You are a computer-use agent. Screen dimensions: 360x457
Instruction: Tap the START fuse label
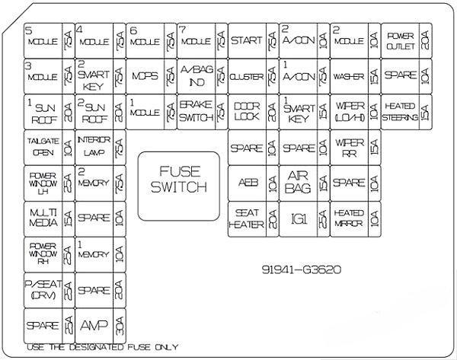pyautogui.click(x=246, y=40)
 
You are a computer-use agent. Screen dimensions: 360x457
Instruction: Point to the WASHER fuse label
pyautogui.click(x=348, y=77)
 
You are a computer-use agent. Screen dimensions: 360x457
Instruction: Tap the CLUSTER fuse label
pyautogui.click(x=246, y=77)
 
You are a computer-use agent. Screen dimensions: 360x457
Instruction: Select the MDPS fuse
pyautogui.click(x=144, y=77)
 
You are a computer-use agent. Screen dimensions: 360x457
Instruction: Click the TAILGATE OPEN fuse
pyautogui.click(x=42, y=147)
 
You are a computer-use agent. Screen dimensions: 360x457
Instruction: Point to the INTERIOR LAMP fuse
pyautogui.click(x=93, y=147)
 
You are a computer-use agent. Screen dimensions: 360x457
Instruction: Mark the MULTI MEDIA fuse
pyautogui.click(x=42, y=217)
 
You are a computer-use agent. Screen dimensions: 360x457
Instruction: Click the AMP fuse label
pyautogui.click(x=93, y=325)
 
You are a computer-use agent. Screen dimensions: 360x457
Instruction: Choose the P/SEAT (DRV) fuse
pyautogui.click(x=42, y=289)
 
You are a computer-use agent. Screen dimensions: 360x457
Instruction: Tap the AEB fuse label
pyautogui.click(x=248, y=183)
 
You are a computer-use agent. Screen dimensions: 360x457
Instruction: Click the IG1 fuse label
pyautogui.click(x=298, y=218)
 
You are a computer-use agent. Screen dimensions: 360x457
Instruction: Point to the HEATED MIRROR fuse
pyautogui.click(x=349, y=218)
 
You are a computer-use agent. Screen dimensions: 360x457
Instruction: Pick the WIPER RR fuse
pyautogui.click(x=349, y=147)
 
